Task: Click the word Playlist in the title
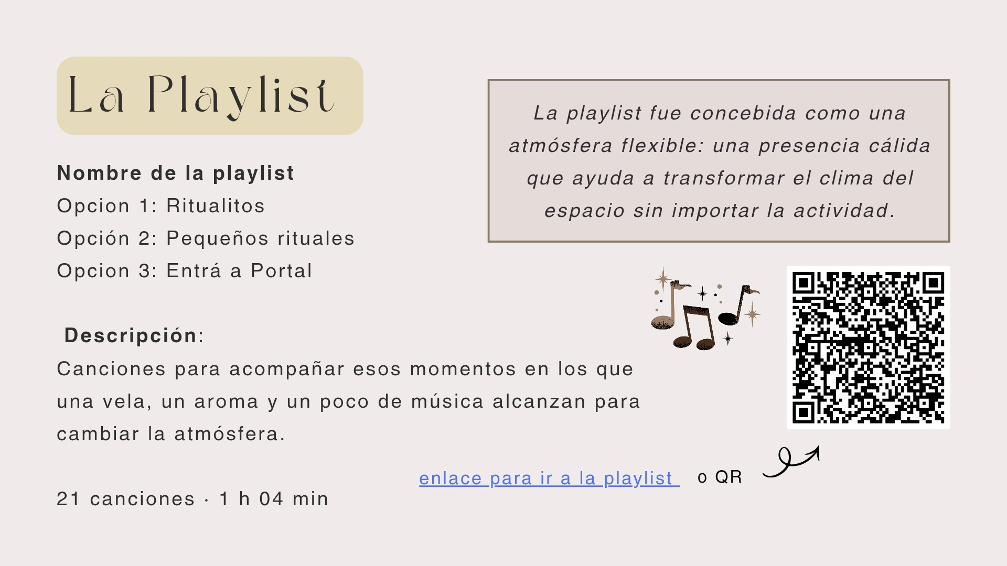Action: pyautogui.click(x=241, y=96)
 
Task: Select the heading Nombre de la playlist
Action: pyautogui.click(x=176, y=173)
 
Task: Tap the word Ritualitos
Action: pyautogui.click(x=216, y=206)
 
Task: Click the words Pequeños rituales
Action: pyautogui.click(x=261, y=239)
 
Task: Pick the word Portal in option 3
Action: pyautogui.click(x=282, y=271)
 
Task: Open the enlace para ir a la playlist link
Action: pyautogui.click(x=549, y=478)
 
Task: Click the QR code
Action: pyautogui.click(x=868, y=347)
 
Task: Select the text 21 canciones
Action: pyautogui.click(x=126, y=499)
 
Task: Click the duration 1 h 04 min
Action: pyautogui.click(x=274, y=499)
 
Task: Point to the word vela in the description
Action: pyautogui.click(x=124, y=402)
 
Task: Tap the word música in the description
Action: pyautogui.click(x=447, y=401)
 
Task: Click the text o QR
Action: pyautogui.click(x=720, y=477)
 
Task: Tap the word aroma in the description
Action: pyautogui.click(x=227, y=402)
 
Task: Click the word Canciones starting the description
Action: pyautogui.click(x=111, y=369)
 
